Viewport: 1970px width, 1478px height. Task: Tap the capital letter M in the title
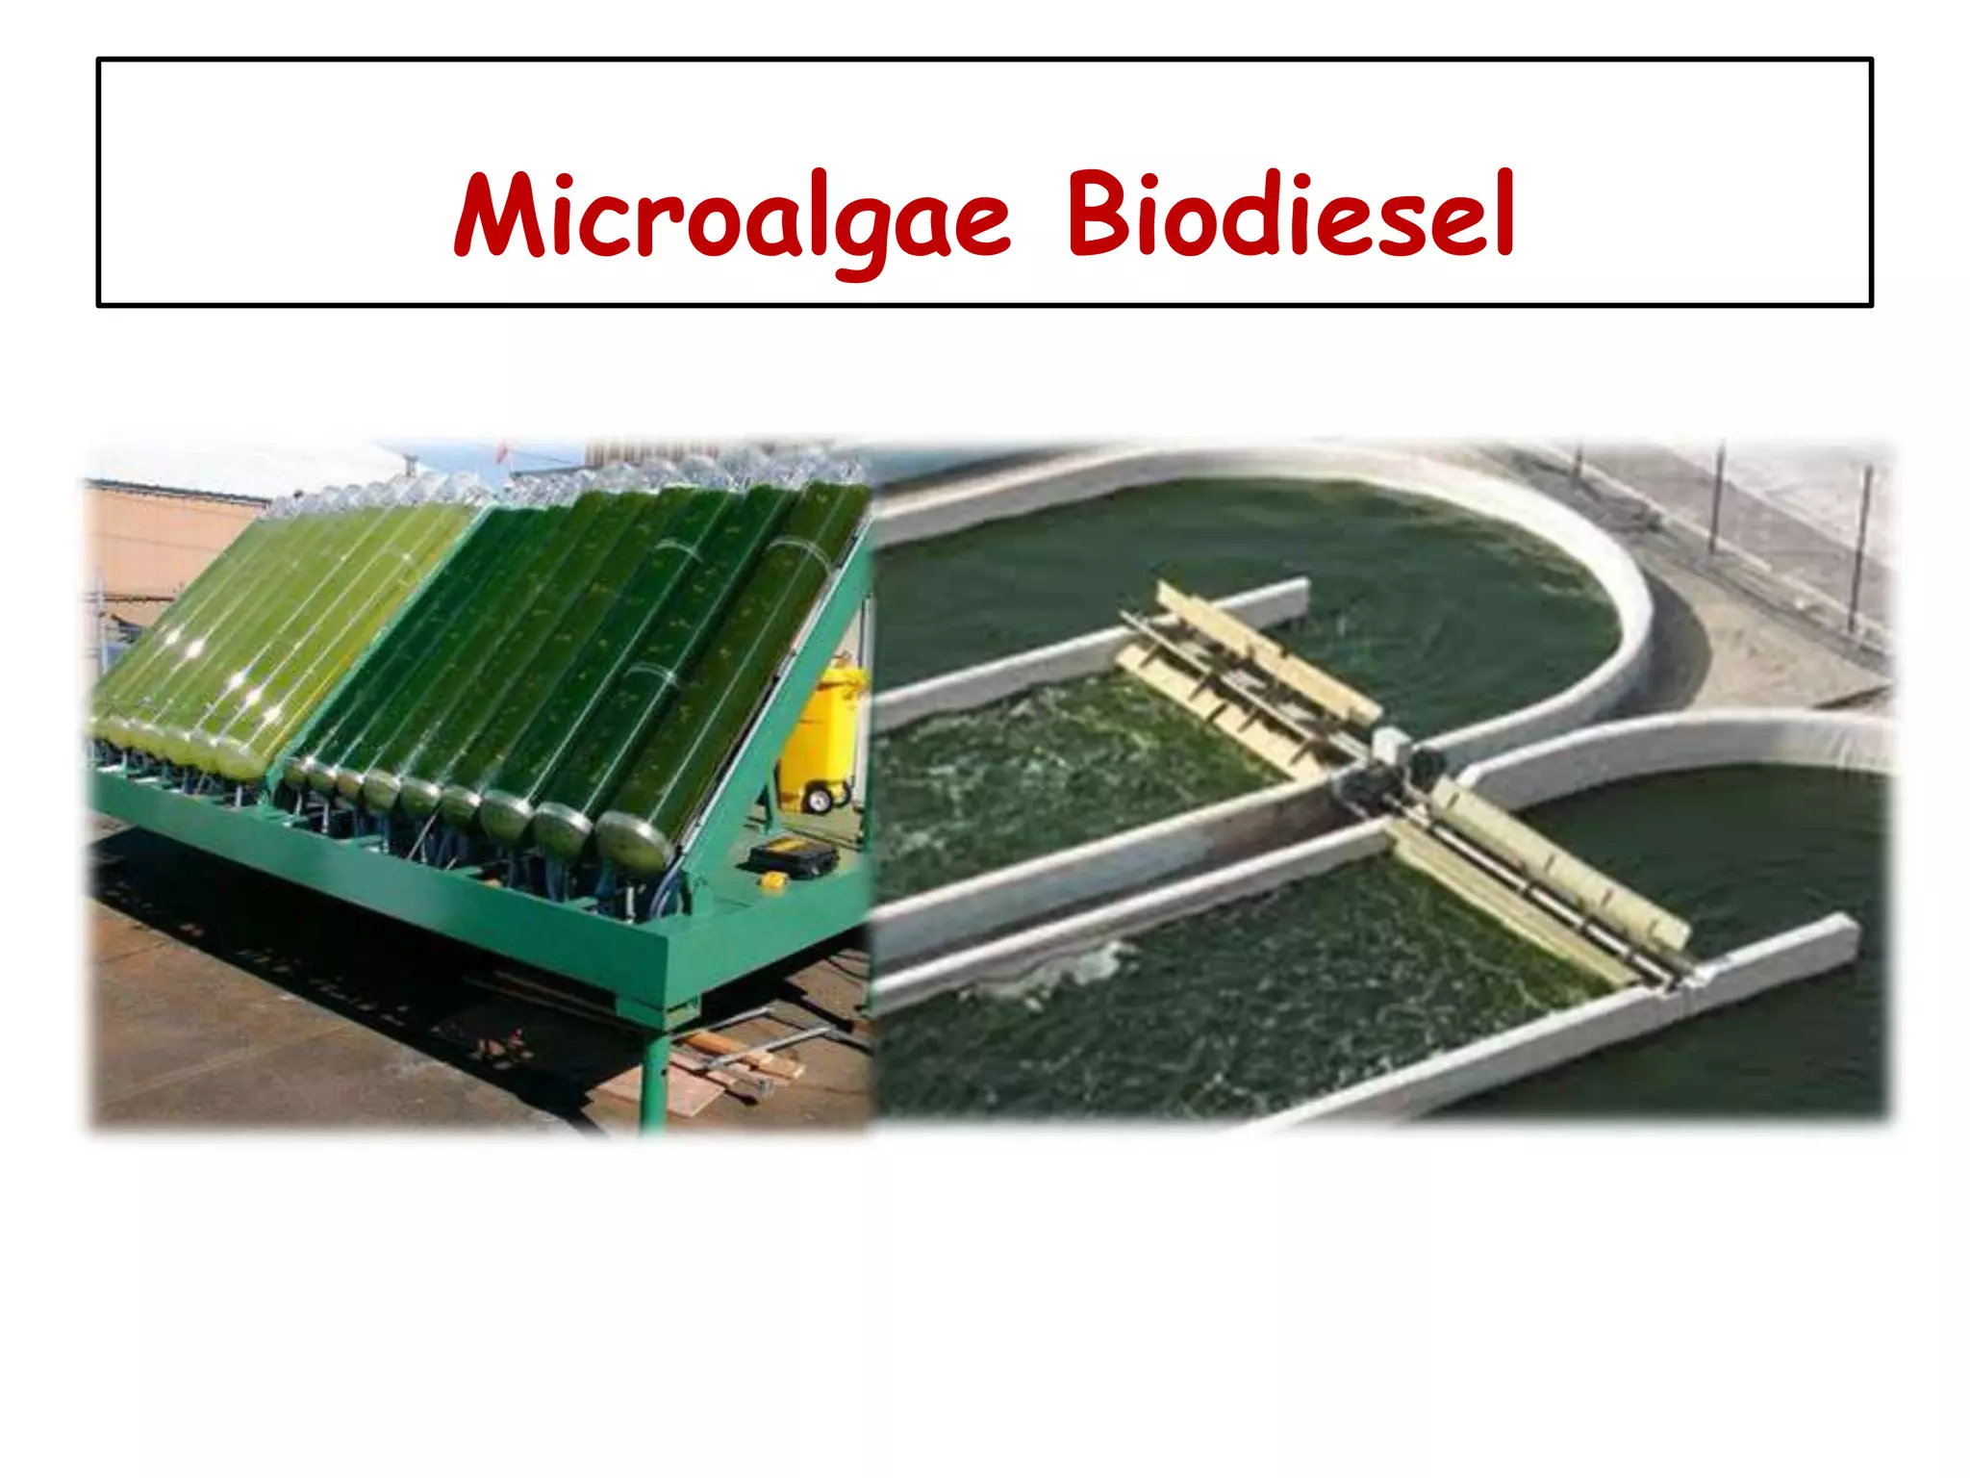pos(500,216)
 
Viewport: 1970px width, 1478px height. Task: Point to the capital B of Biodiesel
pos(1097,214)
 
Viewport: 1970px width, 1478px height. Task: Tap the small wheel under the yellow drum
pos(819,799)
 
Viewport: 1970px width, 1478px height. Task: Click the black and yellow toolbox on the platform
pos(791,858)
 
